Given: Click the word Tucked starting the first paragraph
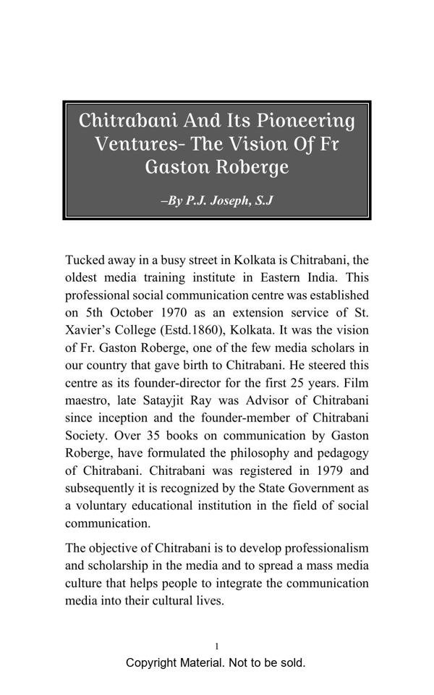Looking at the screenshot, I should pyautogui.click(x=85, y=260).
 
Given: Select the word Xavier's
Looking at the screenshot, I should pyautogui.click(x=88, y=330).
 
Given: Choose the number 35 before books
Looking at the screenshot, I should pyautogui.click(x=152, y=436).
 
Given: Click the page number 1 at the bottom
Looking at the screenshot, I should pyautogui.click(x=217, y=646).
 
